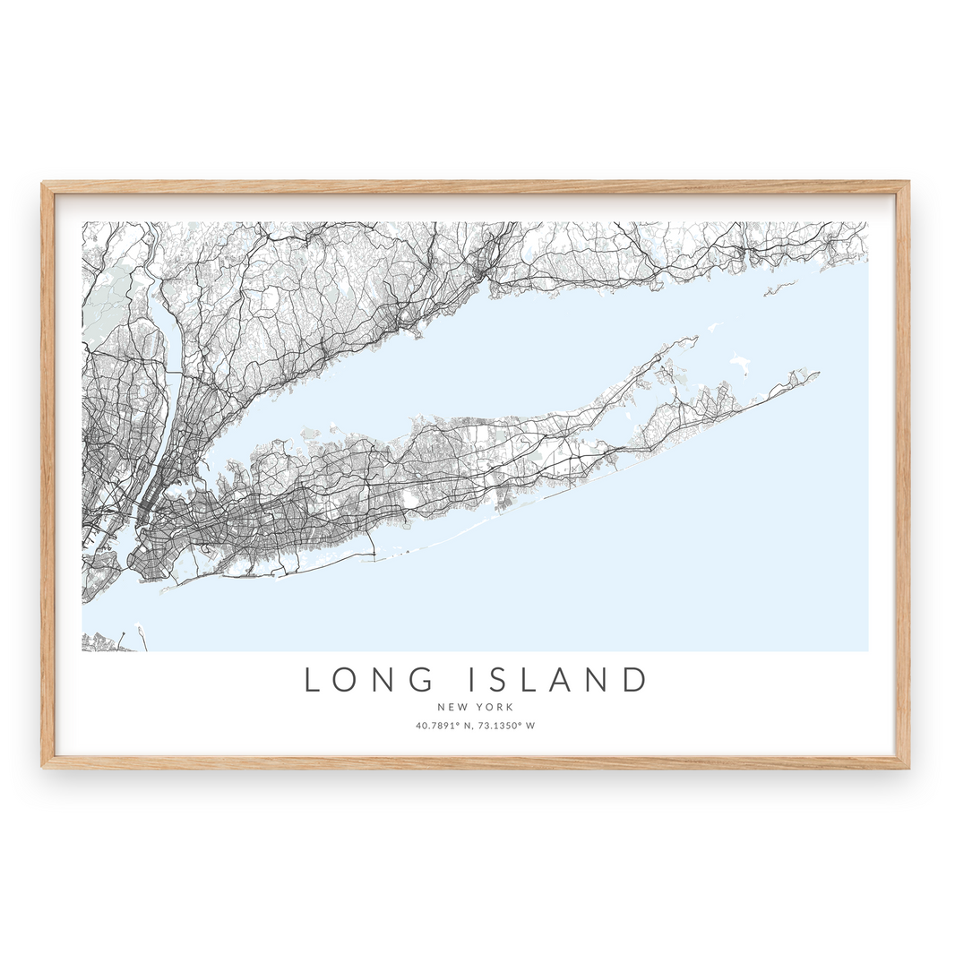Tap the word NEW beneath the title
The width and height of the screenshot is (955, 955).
[452, 707]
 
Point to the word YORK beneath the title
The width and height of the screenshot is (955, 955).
[495, 707]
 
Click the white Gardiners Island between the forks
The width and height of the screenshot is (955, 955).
[740, 363]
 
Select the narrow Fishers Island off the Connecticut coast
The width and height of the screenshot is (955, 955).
[779, 287]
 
